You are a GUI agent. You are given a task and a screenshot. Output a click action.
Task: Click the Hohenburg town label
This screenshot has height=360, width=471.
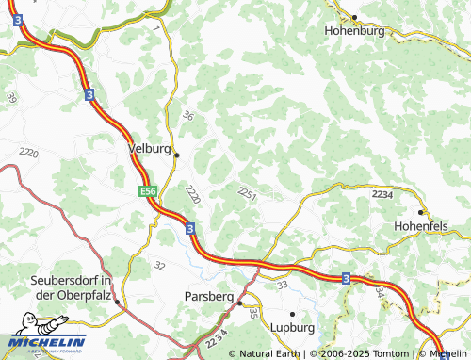[356, 30]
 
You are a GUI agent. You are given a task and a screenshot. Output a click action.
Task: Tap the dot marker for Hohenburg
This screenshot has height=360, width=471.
[355, 17]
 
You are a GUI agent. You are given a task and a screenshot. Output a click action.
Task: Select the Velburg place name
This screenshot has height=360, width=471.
[149, 149]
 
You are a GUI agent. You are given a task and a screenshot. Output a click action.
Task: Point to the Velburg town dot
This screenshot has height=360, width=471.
[176, 155]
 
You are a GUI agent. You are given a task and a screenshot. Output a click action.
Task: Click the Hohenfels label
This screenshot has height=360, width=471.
[422, 226]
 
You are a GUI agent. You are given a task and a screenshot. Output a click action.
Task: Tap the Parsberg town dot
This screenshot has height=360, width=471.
[240, 303]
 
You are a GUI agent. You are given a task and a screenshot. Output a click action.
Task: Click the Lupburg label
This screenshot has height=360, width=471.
[293, 326]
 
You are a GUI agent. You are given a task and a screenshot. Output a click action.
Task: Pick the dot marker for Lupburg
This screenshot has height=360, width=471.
[292, 313]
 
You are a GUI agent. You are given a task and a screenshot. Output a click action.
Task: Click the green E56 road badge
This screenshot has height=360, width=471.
[148, 192]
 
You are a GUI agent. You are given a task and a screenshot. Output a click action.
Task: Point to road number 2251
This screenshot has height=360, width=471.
[248, 192]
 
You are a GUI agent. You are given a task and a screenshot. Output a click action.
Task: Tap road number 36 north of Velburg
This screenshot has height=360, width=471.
[187, 116]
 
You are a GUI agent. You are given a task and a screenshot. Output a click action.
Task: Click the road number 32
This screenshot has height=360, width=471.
[159, 266]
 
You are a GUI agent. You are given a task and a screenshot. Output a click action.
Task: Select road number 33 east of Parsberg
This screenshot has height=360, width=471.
[282, 282]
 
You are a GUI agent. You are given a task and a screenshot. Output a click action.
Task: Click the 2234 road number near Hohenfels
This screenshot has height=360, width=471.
[382, 192]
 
